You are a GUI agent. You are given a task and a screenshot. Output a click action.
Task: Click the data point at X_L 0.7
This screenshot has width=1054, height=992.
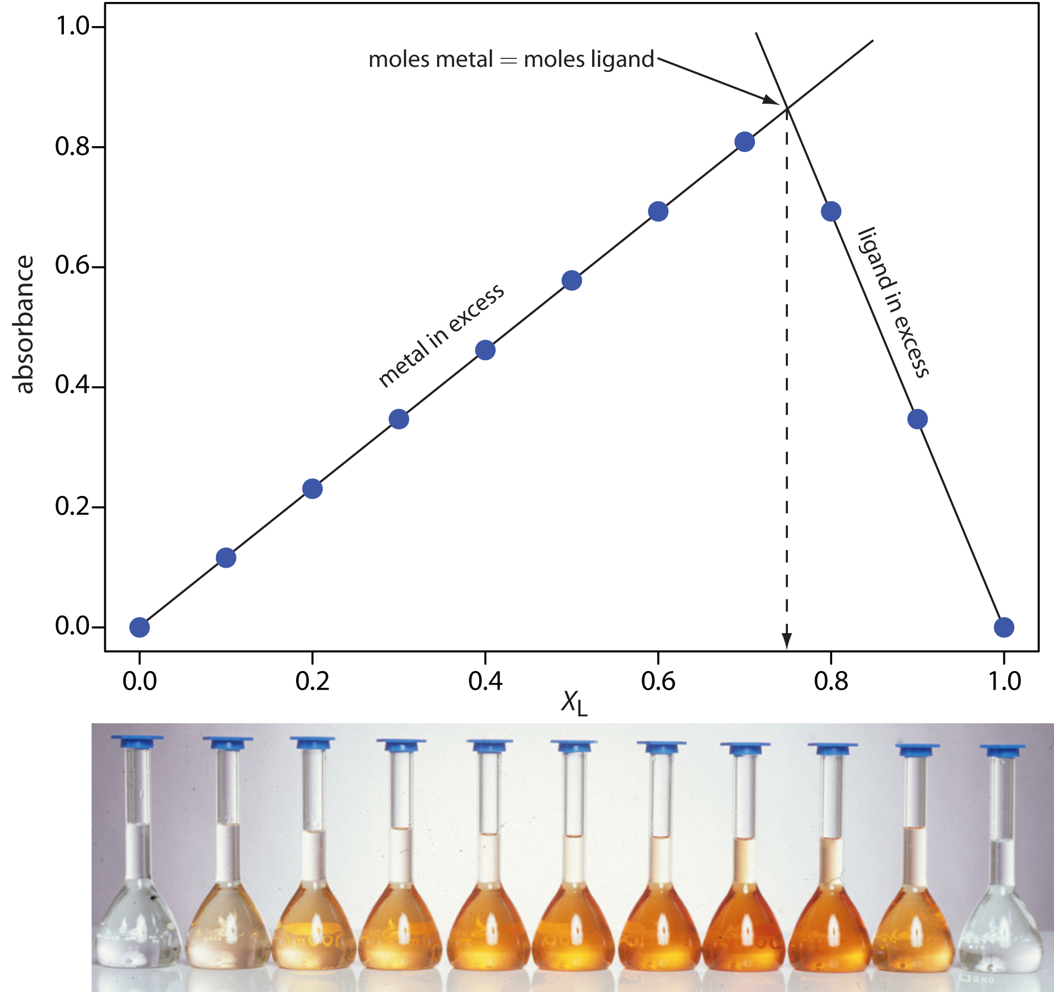744,142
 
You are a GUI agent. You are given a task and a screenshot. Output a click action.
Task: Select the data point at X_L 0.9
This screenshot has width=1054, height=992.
917,419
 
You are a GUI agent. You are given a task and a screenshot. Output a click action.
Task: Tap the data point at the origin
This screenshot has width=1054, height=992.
140,627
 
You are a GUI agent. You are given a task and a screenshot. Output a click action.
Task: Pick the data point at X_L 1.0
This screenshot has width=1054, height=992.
1004,627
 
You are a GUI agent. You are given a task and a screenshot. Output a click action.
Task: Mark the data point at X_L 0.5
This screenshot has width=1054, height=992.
572,280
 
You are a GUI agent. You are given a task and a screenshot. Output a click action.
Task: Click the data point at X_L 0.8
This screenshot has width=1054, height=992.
831,211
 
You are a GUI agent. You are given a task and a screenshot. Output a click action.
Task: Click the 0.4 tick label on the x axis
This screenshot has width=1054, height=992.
485,681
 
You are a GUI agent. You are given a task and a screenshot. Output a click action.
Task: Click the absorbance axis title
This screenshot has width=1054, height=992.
24,325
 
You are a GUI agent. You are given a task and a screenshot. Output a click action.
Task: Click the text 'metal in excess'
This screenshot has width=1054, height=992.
441,335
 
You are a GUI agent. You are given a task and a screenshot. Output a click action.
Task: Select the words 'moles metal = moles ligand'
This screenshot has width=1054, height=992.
511,60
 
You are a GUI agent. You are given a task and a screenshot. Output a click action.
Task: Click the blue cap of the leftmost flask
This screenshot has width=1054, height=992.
137,741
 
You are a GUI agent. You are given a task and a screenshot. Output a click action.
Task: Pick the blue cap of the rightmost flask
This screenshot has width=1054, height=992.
1002,750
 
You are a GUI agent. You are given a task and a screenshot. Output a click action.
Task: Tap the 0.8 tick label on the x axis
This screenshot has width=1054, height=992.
831,681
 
